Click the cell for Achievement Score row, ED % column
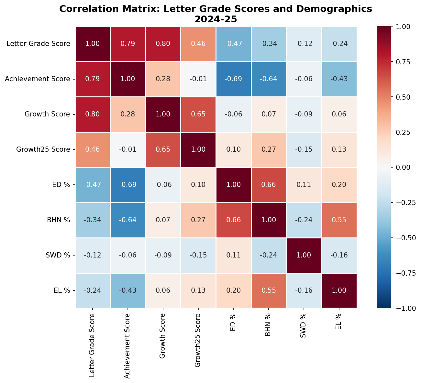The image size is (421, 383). [x=234, y=79]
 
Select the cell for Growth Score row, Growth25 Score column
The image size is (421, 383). [x=198, y=114]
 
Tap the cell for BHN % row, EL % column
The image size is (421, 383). [x=339, y=220]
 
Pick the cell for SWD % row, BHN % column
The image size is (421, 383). [x=269, y=255]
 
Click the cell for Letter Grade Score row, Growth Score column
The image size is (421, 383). [x=163, y=44]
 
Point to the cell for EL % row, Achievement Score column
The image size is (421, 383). [x=128, y=290]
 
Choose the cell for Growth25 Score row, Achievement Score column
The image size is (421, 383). [x=128, y=149]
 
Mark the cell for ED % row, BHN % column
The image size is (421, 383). [x=269, y=185]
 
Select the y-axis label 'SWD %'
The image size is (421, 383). [x=58, y=255]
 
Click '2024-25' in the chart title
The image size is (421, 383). [x=216, y=19]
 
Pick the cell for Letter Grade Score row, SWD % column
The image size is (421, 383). [x=304, y=44]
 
